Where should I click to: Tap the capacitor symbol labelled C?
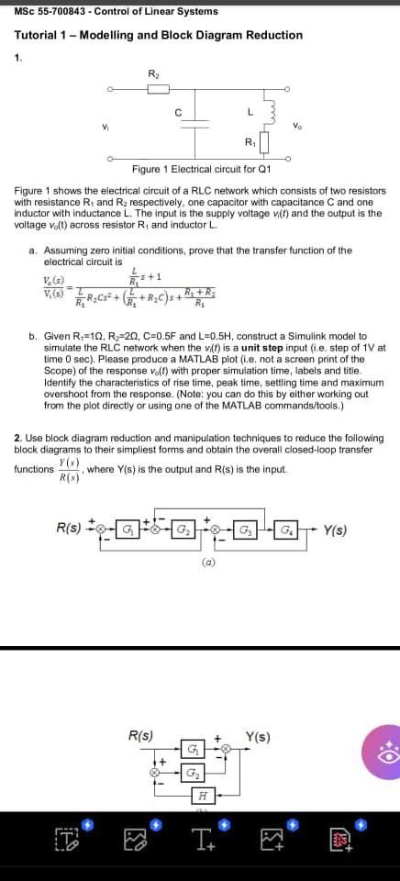tap(194, 126)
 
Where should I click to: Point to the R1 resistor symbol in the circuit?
tap(264, 142)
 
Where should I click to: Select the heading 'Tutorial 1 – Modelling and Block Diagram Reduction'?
tap(158, 35)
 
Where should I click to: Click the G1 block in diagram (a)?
tap(129, 529)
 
